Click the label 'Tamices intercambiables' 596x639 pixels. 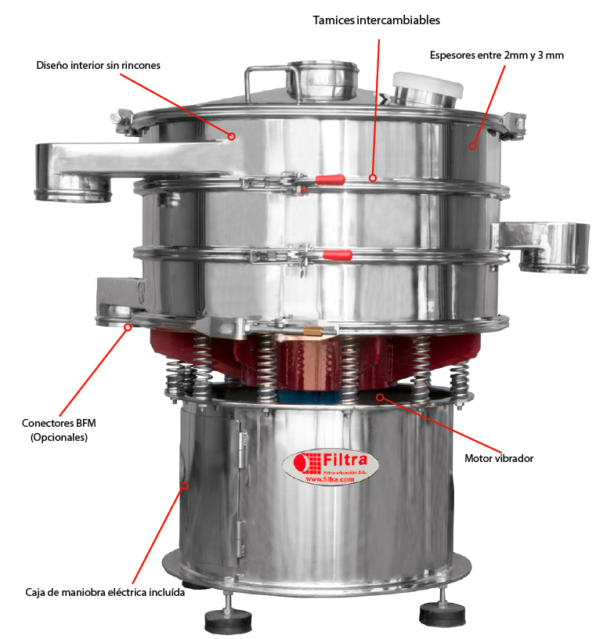(x=376, y=20)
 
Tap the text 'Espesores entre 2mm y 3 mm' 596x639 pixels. (x=497, y=56)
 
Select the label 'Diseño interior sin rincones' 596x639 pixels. (x=98, y=65)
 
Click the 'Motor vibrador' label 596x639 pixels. (x=499, y=458)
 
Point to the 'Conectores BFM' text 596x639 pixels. (x=59, y=423)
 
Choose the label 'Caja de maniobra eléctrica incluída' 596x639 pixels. (x=105, y=592)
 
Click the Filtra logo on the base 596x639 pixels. (x=331, y=468)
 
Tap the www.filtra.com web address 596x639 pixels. (x=330, y=479)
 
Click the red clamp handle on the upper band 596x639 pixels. (x=331, y=179)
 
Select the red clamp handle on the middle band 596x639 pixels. (x=338, y=255)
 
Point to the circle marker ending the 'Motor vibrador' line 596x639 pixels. (x=380, y=397)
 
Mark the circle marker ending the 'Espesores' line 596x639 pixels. (x=472, y=146)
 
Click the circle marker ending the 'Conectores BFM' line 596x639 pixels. (x=128, y=327)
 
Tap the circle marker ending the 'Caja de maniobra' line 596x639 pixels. (x=185, y=486)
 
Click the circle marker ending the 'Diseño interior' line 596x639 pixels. (x=231, y=136)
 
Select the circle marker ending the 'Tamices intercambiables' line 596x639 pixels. (x=373, y=178)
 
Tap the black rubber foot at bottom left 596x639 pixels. (x=228, y=622)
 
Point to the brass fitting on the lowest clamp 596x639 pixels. (x=312, y=330)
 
